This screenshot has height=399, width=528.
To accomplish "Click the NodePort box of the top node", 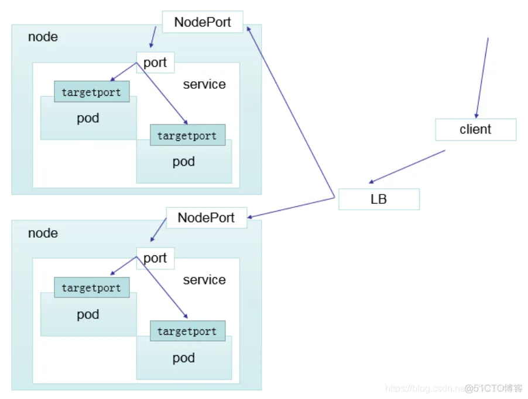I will pyautogui.click(x=203, y=22).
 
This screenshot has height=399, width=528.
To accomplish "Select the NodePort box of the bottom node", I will pyautogui.click(x=206, y=218).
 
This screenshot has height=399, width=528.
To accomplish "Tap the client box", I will pyautogui.click(x=475, y=130).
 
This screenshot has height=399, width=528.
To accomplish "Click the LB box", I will pyautogui.click(x=379, y=199).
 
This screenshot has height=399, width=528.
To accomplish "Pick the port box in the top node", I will pyautogui.click(x=155, y=63).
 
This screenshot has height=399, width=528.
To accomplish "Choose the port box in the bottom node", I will pyautogui.click(x=155, y=258).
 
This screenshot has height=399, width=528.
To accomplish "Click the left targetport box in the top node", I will pyautogui.click(x=91, y=92).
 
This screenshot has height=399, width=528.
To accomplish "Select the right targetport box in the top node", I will pyautogui.click(x=187, y=136).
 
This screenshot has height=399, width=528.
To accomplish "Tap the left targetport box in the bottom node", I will pyautogui.click(x=91, y=288).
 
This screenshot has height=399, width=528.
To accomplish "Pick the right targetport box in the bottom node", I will pyautogui.click(x=187, y=331).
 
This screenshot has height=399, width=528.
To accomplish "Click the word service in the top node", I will pyautogui.click(x=204, y=84).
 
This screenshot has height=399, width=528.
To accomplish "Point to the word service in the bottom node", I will pyautogui.click(x=204, y=280).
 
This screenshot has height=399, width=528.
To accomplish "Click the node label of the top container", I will pyautogui.click(x=43, y=37).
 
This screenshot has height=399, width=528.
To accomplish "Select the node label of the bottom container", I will pyautogui.click(x=43, y=233).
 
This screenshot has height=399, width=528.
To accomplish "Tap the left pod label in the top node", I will pyautogui.click(x=88, y=119).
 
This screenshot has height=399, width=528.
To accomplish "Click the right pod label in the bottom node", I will pyautogui.click(x=184, y=358).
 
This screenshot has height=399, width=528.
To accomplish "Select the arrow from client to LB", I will pyautogui.click(x=407, y=166).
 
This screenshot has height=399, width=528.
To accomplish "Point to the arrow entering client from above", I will pyautogui.click(x=482, y=78).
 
